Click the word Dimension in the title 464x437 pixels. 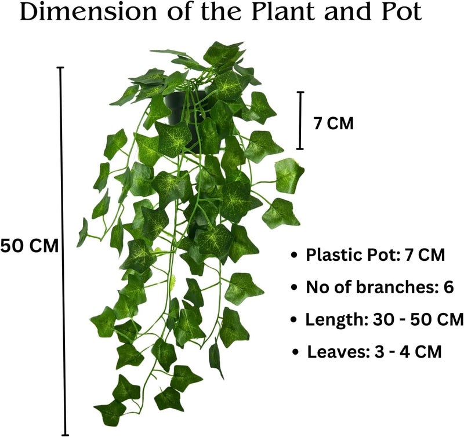pyautogui.click(x=89, y=12)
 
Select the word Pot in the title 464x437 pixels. pyautogui.click(x=401, y=12)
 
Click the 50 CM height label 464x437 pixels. pyautogui.click(x=30, y=246)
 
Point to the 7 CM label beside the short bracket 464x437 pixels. pyautogui.click(x=334, y=123)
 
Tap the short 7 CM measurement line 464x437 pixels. pyautogui.click(x=300, y=121)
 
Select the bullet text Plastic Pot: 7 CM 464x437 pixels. pyautogui.click(x=375, y=255)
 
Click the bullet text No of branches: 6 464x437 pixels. pyautogui.click(x=380, y=287)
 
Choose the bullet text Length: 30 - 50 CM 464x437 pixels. pyautogui.click(x=385, y=319)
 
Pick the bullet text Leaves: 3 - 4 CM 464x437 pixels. pyautogui.click(x=374, y=352)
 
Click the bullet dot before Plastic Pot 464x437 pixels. pyautogui.click(x=294, y=255)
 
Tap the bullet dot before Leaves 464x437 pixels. pyautogui.click(x=295, y=352)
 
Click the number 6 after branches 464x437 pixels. pyautogui.click(x=449, y=287)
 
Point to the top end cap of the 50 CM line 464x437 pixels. pyautogui.click(x=60, y=68)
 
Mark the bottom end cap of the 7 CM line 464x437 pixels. pyautogui.click(x=300, y=149)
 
